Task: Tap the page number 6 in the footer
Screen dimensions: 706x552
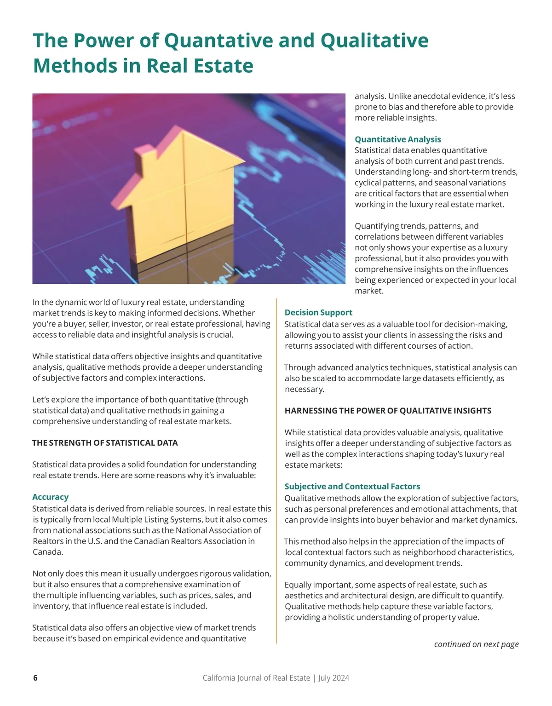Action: click(35, 678)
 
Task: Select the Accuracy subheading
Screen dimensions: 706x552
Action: click(50, 497)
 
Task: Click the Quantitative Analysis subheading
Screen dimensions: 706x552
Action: click(397, 139)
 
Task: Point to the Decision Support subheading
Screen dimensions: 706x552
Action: click(318, 313)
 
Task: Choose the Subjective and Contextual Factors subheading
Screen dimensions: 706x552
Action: click(352, 487)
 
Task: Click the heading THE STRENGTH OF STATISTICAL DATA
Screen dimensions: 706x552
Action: click(105, 443)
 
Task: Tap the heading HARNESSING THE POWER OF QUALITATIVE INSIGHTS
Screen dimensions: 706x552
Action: click(388, 411)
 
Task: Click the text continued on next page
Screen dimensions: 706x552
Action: click(476, 644)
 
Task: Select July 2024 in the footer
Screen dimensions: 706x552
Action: click(333, 678)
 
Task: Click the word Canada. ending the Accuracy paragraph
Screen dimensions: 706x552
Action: click(48, 552)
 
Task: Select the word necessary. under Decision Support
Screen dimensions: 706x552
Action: click(304, 390)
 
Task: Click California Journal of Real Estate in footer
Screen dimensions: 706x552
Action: click(256, 678)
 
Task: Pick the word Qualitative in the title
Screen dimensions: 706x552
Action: click(374, 40)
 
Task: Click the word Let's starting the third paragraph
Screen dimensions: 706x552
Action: click(43, 400)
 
